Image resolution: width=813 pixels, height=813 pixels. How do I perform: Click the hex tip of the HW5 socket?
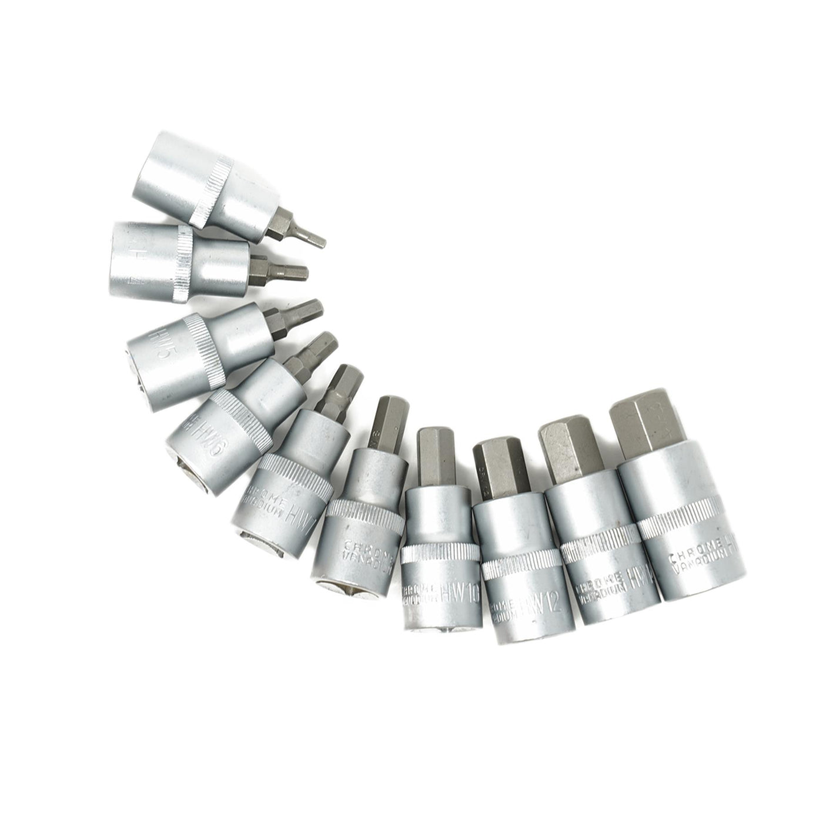(300, 312)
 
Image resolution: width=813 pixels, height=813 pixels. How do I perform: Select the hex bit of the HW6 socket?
(312, 353)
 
